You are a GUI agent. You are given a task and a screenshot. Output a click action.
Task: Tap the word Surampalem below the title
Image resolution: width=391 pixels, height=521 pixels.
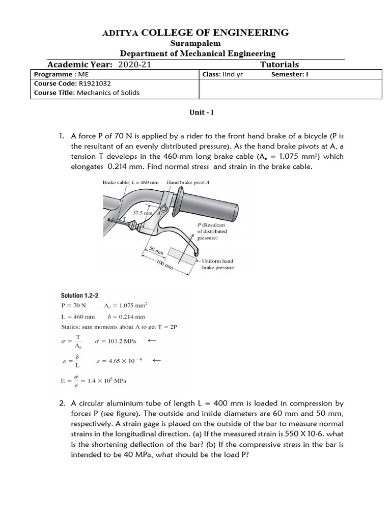[195, 44]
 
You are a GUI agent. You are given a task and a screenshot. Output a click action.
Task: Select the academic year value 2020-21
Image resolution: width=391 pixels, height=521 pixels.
[134, 65]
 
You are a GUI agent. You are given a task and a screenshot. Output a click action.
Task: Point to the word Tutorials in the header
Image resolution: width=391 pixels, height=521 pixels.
[279, 65]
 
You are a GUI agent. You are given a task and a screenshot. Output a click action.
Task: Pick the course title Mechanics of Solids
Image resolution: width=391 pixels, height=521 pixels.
[108, 93]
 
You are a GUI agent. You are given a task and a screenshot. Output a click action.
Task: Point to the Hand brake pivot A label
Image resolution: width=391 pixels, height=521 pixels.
[188, 182]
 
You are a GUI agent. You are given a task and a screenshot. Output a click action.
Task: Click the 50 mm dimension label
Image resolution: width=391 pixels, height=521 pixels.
[155, 251]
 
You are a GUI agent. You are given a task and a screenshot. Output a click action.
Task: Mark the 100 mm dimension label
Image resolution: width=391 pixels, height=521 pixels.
[165, 264]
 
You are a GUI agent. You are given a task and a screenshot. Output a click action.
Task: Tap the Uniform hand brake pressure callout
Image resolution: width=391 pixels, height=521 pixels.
[217, 264]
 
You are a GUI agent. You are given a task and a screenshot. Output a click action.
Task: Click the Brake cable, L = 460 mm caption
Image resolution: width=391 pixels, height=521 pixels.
[130, 182]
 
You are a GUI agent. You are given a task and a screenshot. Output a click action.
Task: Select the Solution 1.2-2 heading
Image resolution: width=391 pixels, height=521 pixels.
[79, 296]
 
